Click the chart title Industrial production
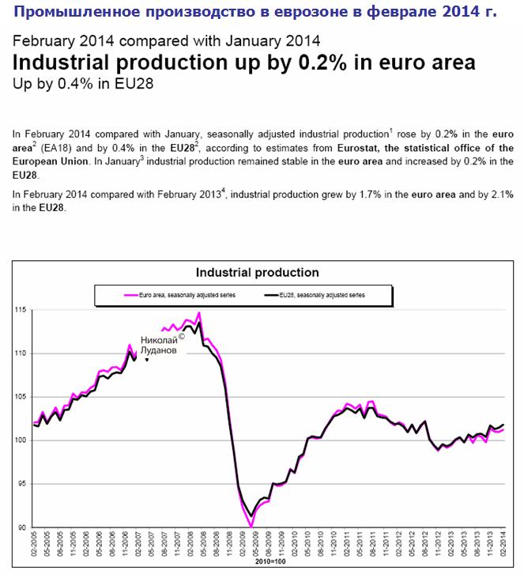point(258,272)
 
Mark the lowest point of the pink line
point(251,526)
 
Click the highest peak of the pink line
point(199,313)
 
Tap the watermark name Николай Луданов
point(159,344)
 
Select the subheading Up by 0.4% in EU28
point(77,82)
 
